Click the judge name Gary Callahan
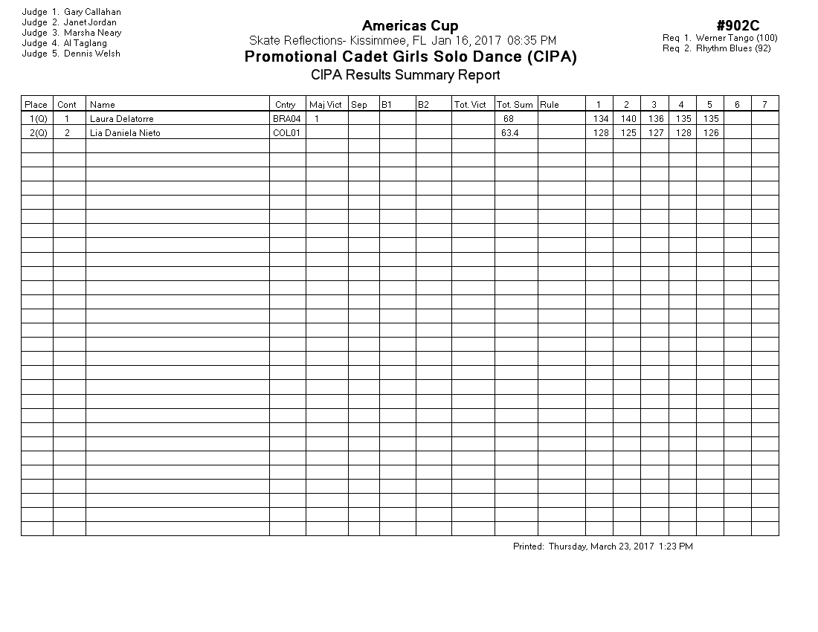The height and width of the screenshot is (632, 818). pos(92,12)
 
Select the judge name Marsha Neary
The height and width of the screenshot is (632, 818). pos(92,33)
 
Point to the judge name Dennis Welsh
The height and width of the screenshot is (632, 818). pos(91,54)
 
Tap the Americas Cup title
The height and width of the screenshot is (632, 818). pos(410,27)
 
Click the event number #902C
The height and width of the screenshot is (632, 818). pos(738,27)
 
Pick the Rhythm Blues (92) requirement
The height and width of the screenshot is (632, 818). pos(732,48)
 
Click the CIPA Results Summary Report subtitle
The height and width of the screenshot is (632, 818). pos(405,75)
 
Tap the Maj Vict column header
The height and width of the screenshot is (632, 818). pos(326,105)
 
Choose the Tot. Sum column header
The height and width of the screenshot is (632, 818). pos(515,105)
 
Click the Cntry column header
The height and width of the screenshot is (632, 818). pos(285,105)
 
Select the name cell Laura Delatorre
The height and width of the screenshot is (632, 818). pos(121,119)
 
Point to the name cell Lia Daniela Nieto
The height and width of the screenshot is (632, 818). pos(125,133)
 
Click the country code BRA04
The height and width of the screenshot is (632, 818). pos(286,119)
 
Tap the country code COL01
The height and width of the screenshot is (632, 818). pos(286,133)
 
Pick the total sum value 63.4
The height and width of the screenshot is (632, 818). pos(509,133)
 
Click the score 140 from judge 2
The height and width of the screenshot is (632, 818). pos(628,119)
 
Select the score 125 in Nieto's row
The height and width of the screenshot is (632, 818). pos(628,133)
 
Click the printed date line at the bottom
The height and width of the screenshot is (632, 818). pos(602,546)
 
